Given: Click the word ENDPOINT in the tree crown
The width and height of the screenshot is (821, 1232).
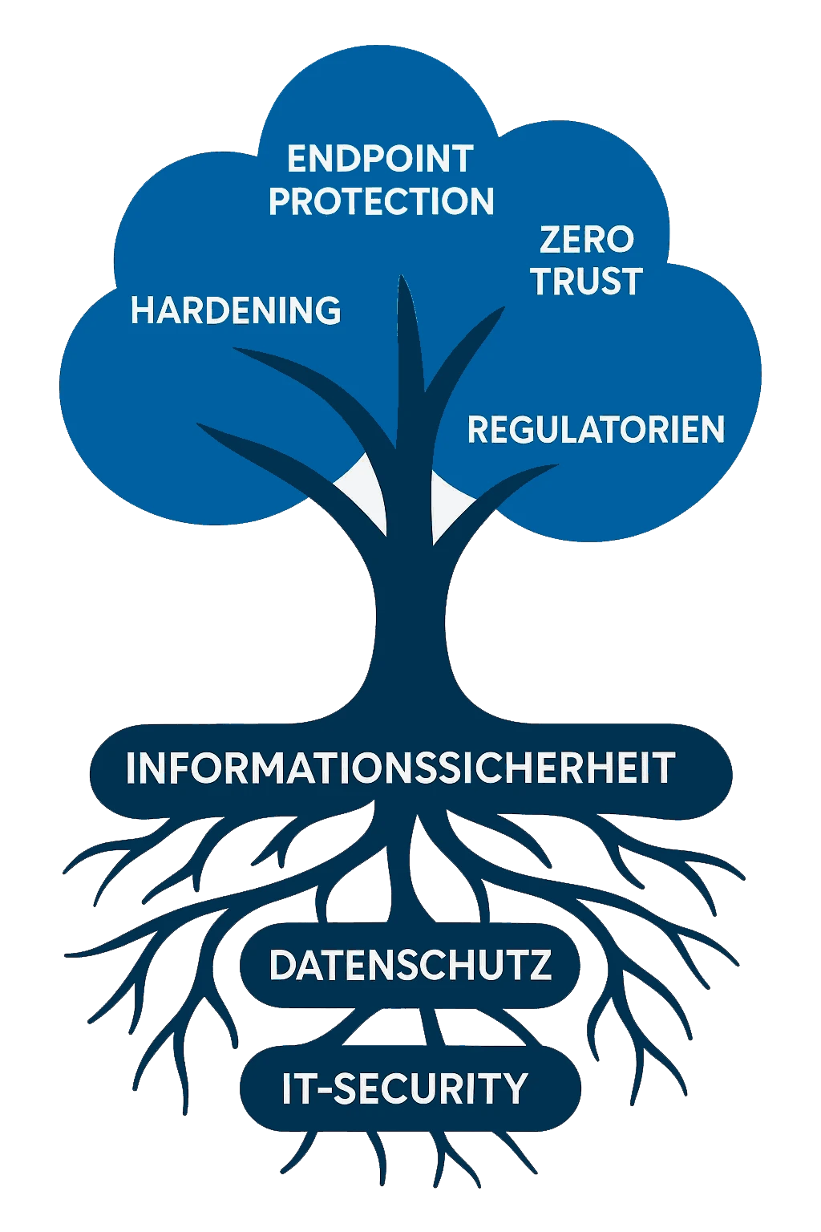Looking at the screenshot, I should [379, 159].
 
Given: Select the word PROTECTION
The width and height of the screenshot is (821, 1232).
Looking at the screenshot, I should [381, 201].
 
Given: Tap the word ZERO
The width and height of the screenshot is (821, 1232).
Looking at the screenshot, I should [586, 239].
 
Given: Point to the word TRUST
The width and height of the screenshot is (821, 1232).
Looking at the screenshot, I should [586, 282].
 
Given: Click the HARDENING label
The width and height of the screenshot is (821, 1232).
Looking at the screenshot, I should [236, 310].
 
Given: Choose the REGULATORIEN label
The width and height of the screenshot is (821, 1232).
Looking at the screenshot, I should [596, 429].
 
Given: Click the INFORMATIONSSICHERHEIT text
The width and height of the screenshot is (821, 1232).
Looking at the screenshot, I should [399, 768].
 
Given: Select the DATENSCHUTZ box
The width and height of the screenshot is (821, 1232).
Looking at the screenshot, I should [410, 964].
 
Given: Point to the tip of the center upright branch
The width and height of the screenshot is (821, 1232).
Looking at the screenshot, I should [402, 281].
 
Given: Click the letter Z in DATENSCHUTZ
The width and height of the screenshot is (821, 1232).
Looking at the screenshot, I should [536, 964].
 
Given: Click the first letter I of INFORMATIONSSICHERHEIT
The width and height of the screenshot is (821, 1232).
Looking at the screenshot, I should [131, 768].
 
